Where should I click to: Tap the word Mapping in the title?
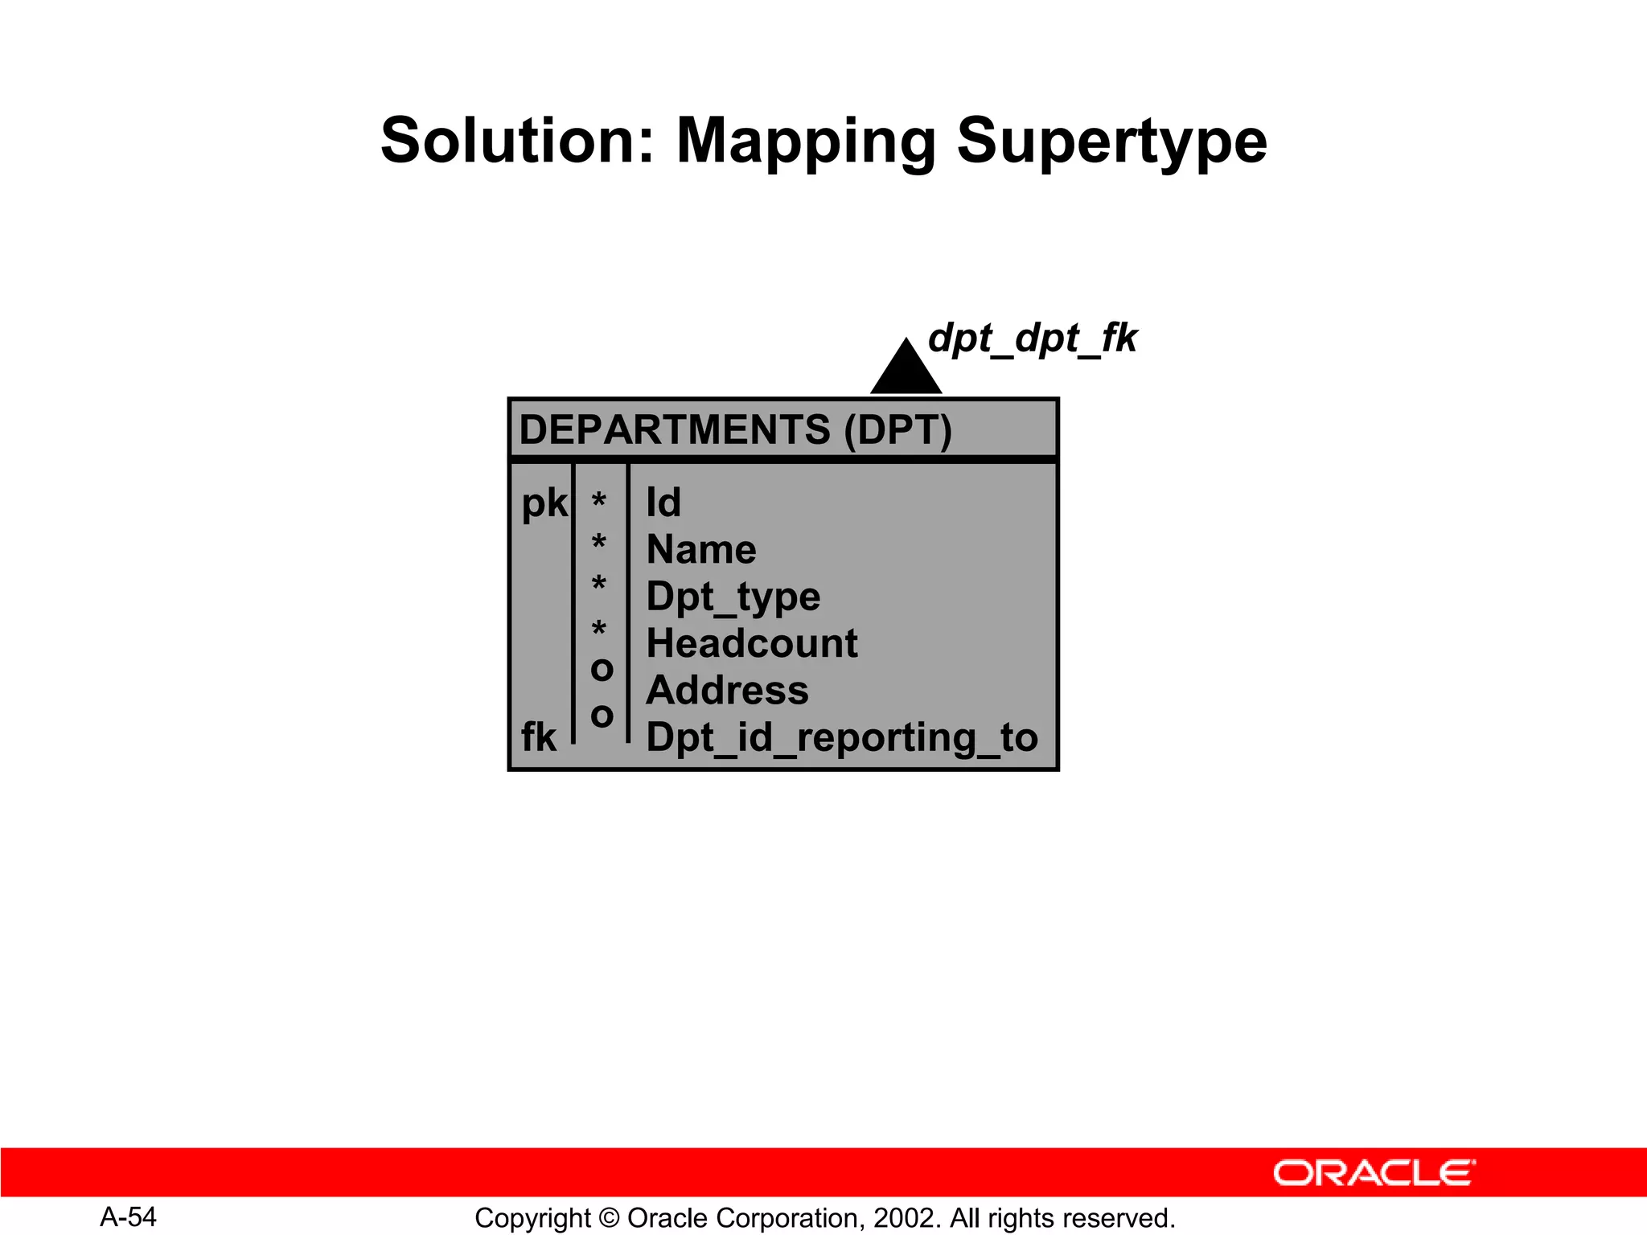[806, 142]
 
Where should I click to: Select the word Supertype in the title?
[1111, 142]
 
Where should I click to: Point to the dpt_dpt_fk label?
[1032, 338]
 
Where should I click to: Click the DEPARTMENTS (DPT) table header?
[735, 430]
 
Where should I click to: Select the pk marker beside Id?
[544, 504]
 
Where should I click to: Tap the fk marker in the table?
[538, 737]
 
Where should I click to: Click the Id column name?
[663, 503]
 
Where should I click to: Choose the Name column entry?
[701, 550]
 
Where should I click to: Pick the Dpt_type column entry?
[733, 597]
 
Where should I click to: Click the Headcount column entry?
[751, 644]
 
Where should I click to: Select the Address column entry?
[727, 691]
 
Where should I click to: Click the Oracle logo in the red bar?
[1374, 1173]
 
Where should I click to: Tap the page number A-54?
[128, 1217]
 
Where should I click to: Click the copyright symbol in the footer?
[609, 1219]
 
